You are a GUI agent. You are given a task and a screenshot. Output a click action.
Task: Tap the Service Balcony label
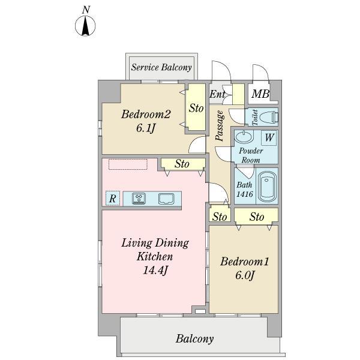click(161, 67)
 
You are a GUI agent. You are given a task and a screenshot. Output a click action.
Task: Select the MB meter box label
click(260, 94)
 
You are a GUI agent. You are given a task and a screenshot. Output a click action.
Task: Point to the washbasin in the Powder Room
click(244, 136)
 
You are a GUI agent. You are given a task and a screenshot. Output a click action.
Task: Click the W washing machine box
click(269, 137)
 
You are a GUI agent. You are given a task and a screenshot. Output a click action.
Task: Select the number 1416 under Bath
click(245, 194)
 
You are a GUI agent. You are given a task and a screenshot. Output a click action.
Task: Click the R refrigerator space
click(113, 198)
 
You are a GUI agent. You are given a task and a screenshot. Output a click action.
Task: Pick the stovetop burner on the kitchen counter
click(139, 199)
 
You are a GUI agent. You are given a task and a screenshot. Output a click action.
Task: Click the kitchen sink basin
click(166, 199)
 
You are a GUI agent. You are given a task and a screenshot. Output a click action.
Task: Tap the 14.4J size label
click(155, 270)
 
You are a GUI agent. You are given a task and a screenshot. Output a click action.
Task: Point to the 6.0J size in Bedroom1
click(245, 275)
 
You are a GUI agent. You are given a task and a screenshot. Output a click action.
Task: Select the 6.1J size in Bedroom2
click(146, 128)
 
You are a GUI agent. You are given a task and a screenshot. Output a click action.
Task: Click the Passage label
click(220, 125)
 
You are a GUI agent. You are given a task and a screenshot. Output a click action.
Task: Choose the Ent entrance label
click(217, 94)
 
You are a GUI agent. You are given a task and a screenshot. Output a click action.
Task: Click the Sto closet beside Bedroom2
click(196, 108)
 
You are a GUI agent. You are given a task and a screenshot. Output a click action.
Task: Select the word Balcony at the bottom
click(194, 339)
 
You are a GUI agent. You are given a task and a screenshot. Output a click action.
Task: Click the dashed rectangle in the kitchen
click(128, 164)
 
